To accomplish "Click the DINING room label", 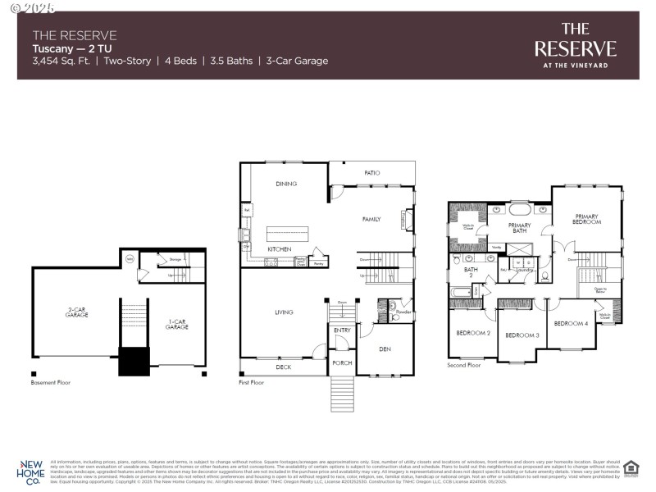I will tap(286, 184).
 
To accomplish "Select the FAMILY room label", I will tap(372, 219).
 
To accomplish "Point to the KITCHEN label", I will tap(280, 248).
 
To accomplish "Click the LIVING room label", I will tap(285, 312).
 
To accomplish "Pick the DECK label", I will tap(284, 367).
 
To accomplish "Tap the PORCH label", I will tap(342, 362).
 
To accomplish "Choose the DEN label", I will tap(385, 349).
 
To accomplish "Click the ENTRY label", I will tap(342, 330).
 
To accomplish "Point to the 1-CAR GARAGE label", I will tap(176, 324).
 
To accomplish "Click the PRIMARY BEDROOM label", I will tap(587, 219).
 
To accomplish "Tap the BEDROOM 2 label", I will tap(473, 333).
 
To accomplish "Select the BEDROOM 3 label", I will tap(522, 335).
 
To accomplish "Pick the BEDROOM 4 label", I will tap(571, 324).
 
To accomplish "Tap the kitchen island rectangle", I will tap(287, 234).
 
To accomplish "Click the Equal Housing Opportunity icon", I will tap(631, 468).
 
